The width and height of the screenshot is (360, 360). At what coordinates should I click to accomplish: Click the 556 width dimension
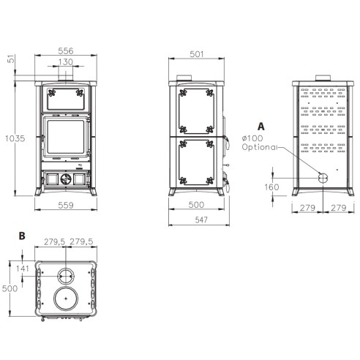[x=66, y=50]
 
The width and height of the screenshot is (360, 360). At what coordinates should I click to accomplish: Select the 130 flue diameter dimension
[x=66, y=62]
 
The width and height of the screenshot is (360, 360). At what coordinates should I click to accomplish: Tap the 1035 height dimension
[x=15, y=138]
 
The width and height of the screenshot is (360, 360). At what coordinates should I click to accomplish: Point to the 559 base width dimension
[x=66, y=205]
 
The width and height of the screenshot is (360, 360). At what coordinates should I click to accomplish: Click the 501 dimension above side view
[x=196, y=54]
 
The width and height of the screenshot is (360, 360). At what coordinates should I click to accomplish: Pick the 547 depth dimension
[x=201, y=220]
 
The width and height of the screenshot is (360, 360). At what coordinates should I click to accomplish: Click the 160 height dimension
[x=271, y=187]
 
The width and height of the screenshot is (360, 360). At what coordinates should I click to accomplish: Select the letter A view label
[x=261, y=127]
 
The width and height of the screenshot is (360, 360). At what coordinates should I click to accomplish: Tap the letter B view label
[x=22, y=236]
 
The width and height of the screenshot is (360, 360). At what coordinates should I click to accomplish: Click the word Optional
[x=260, y=147]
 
